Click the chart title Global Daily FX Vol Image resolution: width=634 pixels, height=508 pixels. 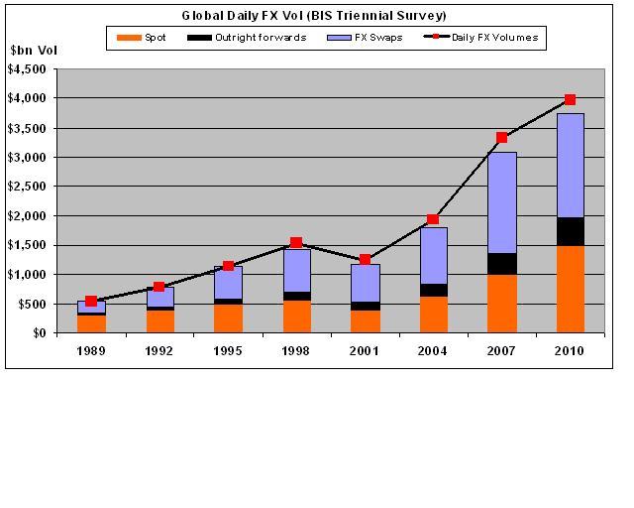[x=314, y=16]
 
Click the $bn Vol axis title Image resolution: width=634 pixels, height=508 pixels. [x=35, y=51]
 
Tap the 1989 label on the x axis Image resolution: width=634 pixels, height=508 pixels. [x=91, y=349]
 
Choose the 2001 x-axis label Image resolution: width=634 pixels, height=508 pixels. [x=365, y=349]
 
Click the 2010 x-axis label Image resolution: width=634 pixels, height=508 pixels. [x=570, y=349]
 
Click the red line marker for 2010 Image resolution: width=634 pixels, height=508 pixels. [x=570, y=99]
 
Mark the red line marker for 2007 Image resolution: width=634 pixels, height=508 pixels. [x=501, y=137]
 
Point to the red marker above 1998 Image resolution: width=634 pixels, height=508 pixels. [x=296, y=242]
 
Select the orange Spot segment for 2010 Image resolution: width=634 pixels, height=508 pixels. [x=570, y=289]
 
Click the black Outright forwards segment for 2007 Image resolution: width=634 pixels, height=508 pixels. [x=501, y=263]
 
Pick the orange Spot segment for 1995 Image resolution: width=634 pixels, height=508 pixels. [x=228, y=317]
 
